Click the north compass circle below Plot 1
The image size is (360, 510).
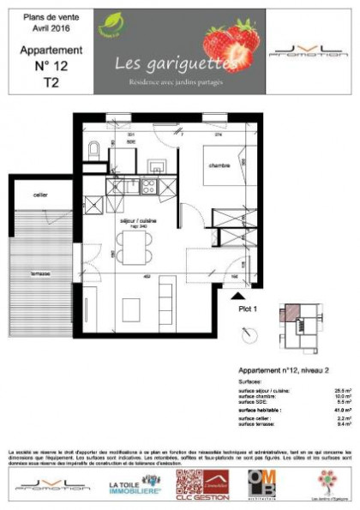click(248, 333)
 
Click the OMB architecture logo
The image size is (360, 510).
click(264, 483)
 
